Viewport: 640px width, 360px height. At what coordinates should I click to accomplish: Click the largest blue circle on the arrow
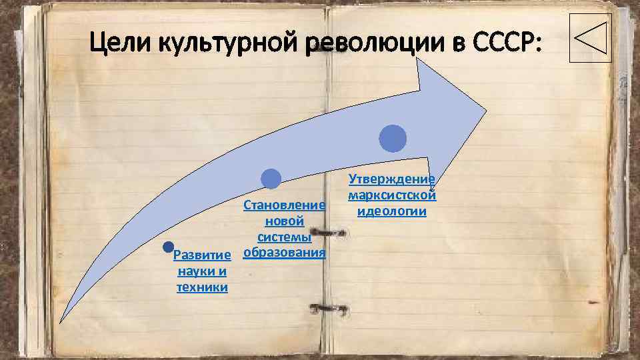pyautogui.click(x=393, y=139)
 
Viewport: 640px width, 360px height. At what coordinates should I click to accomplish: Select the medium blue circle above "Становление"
pyautogui.click(x=271, y=179)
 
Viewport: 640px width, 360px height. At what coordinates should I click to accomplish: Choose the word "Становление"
pyautogui.click(x=285, y=205)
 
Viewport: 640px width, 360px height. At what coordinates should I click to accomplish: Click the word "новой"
pyautogui.click(x=285, y=221)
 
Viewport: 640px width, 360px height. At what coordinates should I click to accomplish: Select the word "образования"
pyautogui.click(x=285, y=253)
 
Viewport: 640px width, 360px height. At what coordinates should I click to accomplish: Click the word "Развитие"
pyautogui.click(x=202, y=255)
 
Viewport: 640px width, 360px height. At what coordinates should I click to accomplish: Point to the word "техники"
pyautogui.click(x=202, y=287)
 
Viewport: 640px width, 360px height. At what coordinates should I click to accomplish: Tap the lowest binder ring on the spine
pyautogui.click(x=327, y=308)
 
